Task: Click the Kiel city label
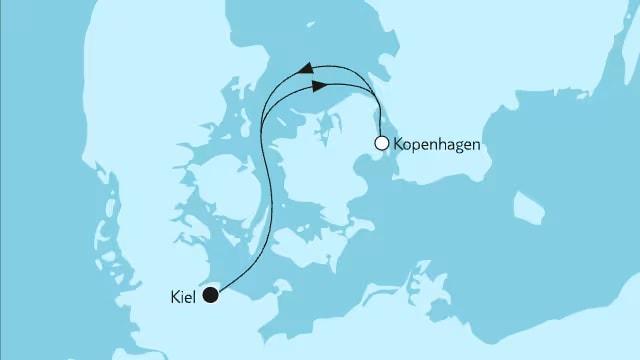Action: pos(184,296)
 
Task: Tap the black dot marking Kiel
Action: pos(211,295)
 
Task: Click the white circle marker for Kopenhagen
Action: pos(381,144)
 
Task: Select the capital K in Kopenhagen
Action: pos(401,145)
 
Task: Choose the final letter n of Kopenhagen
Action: pos(479,145)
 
